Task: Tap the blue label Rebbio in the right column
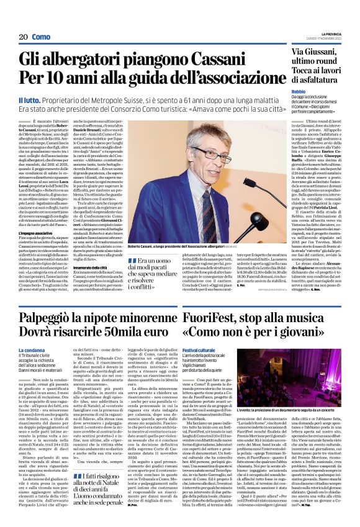pyautogui.click(x=300, y=91)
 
